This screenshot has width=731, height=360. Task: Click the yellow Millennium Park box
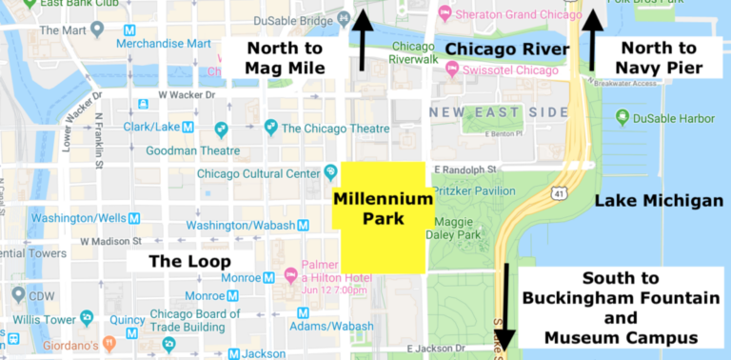point(383,217)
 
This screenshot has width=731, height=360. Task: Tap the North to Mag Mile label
point(285,57)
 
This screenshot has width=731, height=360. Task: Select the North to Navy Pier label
point(660,57)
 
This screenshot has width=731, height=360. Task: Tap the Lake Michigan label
point(659,201)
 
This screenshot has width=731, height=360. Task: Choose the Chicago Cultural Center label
point(258,173)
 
